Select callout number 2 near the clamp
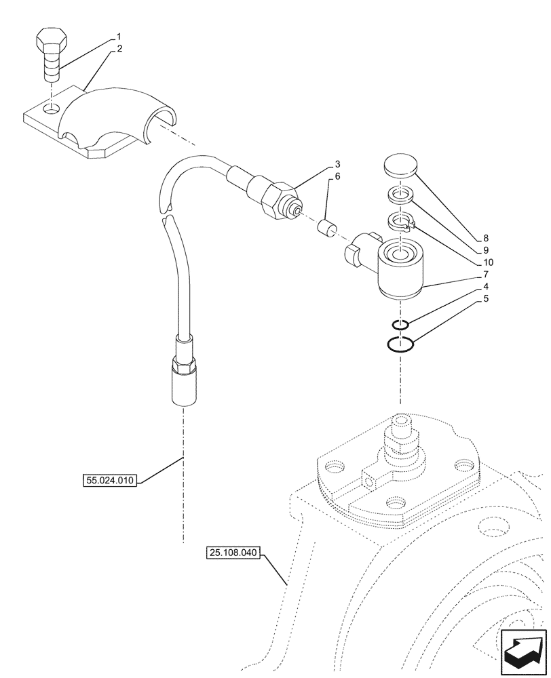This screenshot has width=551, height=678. point(119,49)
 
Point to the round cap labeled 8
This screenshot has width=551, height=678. point(400,166)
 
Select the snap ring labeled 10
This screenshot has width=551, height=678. point(400,221)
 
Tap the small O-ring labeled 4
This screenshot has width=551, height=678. point(401,325)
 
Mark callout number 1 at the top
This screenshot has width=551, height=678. point(119,36)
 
